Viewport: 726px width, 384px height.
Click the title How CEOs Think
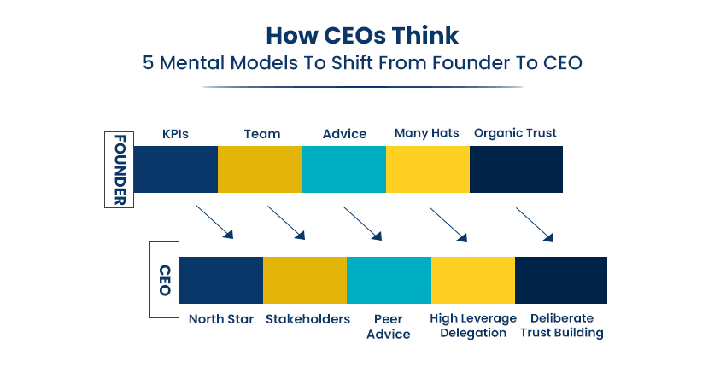(x=362, y=36)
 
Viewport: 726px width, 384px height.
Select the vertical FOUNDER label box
(x=119, y=170)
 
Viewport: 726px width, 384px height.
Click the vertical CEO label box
(x=164, y=280)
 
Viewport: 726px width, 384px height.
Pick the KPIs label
(x=175, y=134)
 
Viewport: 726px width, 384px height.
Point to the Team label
(x=262, y=134)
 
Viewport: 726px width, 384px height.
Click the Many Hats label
(x=426, y=133)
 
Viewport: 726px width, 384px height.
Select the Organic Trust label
(x=515, y=133)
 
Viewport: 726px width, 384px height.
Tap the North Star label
(x=221, y=319)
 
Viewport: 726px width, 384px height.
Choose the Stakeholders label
(x=307, y=319)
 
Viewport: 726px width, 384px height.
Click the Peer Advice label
(x=388, y=327)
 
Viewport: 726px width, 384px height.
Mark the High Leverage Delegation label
(x=472, y=326)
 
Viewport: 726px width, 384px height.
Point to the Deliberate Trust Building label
(x=562, y=326)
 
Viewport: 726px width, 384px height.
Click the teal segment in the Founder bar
(x=344, y=169)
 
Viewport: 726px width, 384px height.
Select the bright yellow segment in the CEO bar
(x=472, y=281)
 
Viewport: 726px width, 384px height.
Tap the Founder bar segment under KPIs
(x=175, y=169)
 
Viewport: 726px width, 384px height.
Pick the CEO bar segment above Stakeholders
(x=305, y=281)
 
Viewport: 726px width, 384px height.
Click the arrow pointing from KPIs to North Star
(x=214, y=222)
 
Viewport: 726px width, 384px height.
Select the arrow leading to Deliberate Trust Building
(x=535, y=224)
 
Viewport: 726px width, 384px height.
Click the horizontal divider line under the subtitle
(x=362, y=87)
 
